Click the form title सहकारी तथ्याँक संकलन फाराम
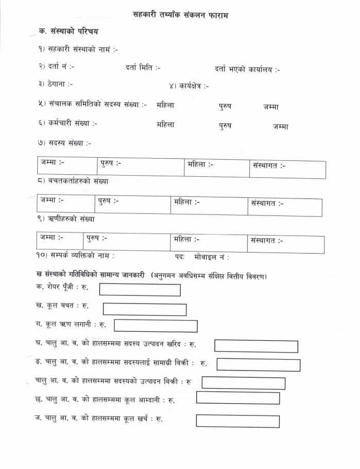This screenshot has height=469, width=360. pyautogui.click(x=180, y=15)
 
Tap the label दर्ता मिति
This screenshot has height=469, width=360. pyautogui.click(x=143, y=68)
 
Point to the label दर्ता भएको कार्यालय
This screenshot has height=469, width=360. pyautogui.click(x=247, y=69)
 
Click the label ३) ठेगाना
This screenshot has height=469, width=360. pyautogui.click(x=55, y=84)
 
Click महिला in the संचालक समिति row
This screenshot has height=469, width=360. pyautogui.click(x=165, y=105)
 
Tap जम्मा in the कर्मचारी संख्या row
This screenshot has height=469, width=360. pyautogui.click(x=281, y=126)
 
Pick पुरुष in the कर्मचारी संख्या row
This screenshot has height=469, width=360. pyautogui.click(x=225, y=126)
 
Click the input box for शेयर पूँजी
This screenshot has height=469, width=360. pyautogui.click(x=140, y=290)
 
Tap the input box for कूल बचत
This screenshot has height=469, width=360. pyautogui.click(x=144, y=309)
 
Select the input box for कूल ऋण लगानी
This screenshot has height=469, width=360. pyautogui.click(x=156, y=326)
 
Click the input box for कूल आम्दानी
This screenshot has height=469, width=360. pyautogui.click(x=237, y=398)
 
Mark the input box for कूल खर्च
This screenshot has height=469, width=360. pyautogui.click(x=237, y=421)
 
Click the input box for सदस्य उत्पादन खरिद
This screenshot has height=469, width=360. pyautogui.click(x=256, y=346)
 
